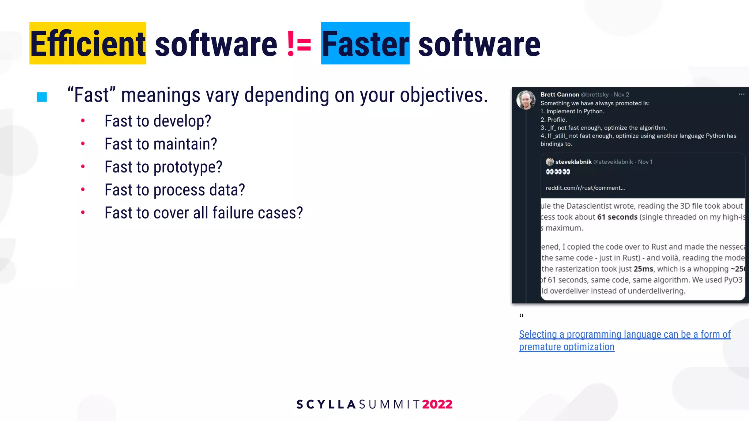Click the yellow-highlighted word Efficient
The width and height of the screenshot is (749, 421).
[x=88, y=44]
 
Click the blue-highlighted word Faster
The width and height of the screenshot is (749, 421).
[x=365, y=44]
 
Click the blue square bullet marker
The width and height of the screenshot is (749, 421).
[x=42, y=97]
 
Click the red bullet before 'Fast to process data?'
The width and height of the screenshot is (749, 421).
[x=83, y=189]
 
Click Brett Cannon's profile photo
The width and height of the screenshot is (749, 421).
[x=526, y=100]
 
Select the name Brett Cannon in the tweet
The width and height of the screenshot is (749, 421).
[x=560, y=95]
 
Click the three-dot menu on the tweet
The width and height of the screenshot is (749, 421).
[x=741, y=94]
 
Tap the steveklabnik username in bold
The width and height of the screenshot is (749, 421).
[x=573, y=162]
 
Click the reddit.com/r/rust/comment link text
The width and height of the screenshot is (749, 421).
[x=585, y=188]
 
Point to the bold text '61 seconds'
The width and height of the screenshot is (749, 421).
[x=617, y=217]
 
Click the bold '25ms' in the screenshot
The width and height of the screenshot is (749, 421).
[x=643, y=269]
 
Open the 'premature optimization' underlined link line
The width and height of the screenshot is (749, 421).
[x=567, y=347]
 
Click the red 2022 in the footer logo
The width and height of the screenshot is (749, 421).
[x=437, y=404]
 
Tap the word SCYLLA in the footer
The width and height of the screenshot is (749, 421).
[x=326, y=404]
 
